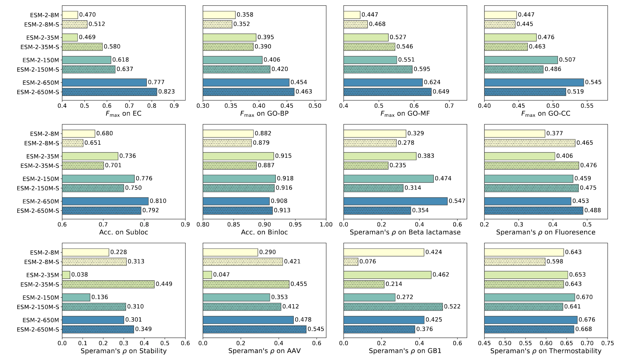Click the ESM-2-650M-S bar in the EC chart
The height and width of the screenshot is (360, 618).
[109, 92]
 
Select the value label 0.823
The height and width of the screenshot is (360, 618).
[166, 92]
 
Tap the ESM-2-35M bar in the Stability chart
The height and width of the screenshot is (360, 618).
[66, 275]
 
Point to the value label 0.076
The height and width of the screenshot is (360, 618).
[368, 262]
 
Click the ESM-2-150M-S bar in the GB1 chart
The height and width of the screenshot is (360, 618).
[393, 307]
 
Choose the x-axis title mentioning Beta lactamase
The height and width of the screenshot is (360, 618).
[405, 232]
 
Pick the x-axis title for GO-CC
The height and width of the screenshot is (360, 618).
[546, 114]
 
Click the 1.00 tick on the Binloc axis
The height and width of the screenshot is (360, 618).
[326, 224]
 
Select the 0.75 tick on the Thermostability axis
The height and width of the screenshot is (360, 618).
[607, 343]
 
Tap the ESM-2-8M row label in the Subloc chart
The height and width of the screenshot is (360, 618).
[44, 134]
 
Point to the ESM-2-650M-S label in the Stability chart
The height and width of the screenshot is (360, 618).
[38, 329]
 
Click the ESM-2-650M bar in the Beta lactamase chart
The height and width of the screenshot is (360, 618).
[395, 201]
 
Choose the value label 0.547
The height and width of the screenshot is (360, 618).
[457, 201]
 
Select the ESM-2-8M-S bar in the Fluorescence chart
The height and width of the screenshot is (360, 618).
[529, 143]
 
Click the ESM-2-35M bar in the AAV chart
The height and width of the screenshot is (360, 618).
[207, 275]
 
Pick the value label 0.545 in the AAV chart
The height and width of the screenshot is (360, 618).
[316, 329]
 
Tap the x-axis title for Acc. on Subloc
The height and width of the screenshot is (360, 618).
[123, 232]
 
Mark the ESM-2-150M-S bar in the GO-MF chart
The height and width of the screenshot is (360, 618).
[378, 69]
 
